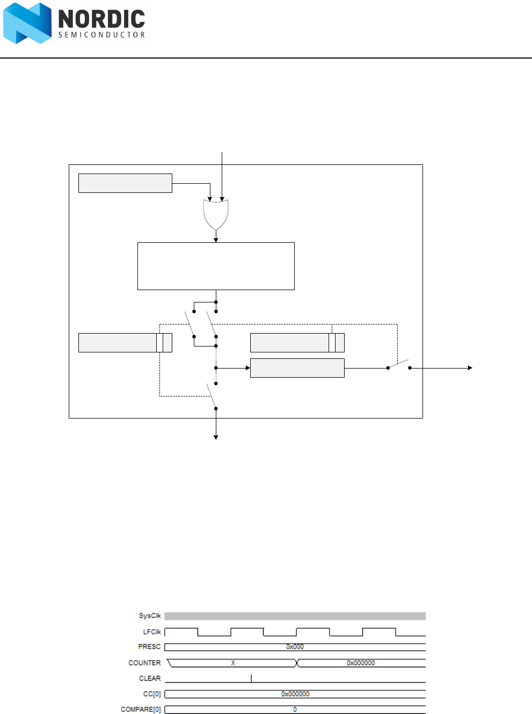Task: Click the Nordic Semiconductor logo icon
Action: tap(27, 23)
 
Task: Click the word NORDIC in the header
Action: tap(101, 19)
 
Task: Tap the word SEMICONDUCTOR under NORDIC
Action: tap(101, 35)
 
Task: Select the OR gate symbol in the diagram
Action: tap(216, 214)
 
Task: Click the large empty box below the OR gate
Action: tap(216, 266)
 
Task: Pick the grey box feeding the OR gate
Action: tap(125, 183)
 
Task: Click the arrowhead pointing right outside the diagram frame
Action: tap(470, 368)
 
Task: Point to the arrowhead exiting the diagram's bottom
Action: tap(216, 437)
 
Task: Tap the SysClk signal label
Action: tap(150, 616)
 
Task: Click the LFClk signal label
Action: tap(151, 632)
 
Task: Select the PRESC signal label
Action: tap(149, 647)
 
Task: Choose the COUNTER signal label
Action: tap(144, 663)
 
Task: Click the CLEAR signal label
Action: tap(150, 679)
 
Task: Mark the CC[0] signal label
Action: tap(152, 694)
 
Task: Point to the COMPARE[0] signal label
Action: tap(141, 710)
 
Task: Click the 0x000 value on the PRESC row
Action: tap(295, 647)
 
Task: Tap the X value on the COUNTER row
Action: tap(233, 663)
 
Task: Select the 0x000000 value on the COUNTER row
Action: tap(361, 663)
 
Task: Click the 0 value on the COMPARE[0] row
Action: tap(295, 710)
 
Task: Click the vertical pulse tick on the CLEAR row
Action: tap(251, 678)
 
